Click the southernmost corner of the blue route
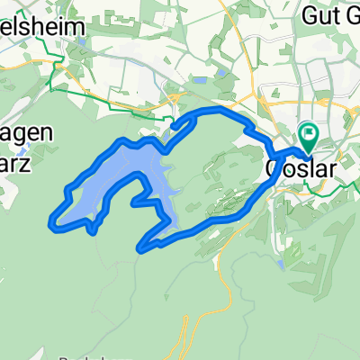coord(140,247)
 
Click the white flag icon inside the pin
coord(309,136)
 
